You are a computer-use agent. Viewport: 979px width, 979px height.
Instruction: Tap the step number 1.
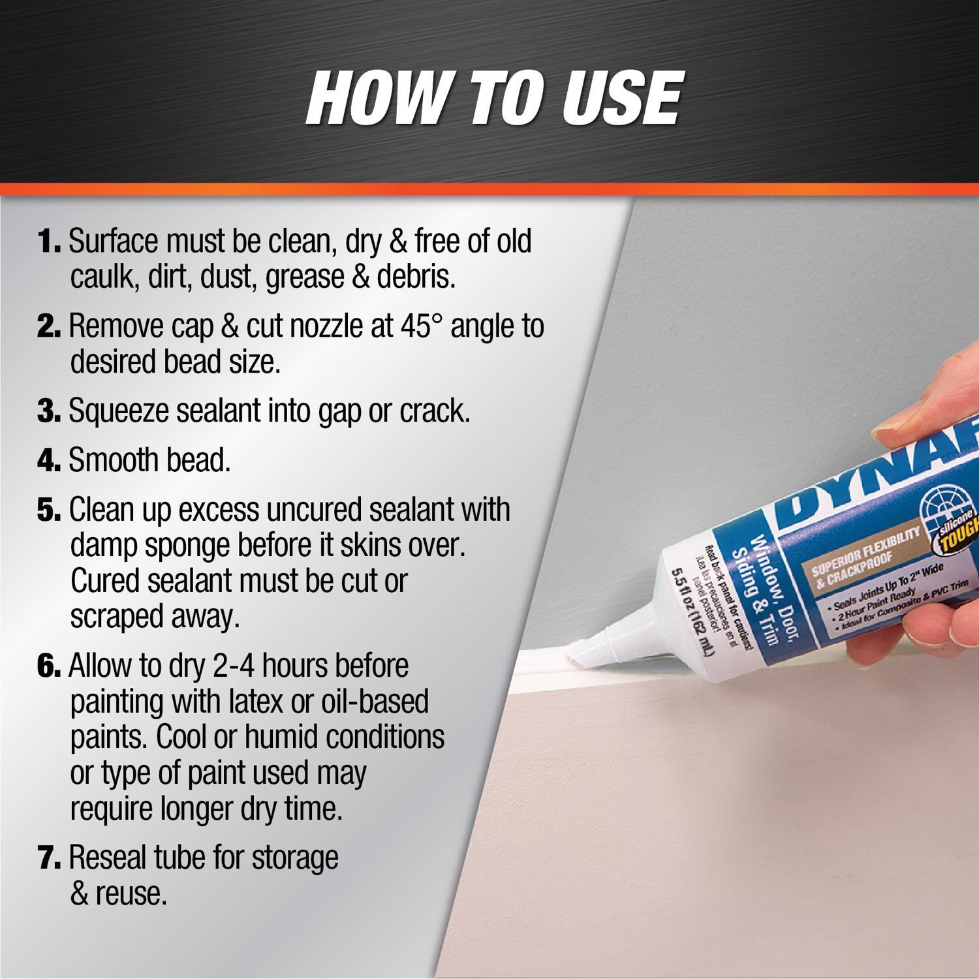point(50,241)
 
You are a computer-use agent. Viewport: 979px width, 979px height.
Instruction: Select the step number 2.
point(50,326)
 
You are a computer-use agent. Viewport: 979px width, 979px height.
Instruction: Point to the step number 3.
point(50,411)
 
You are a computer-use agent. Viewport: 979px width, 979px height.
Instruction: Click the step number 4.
point(50,461)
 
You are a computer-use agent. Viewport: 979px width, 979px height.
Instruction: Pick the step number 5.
point(50,510)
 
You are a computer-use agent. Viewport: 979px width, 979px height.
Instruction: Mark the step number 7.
point(50,858)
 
